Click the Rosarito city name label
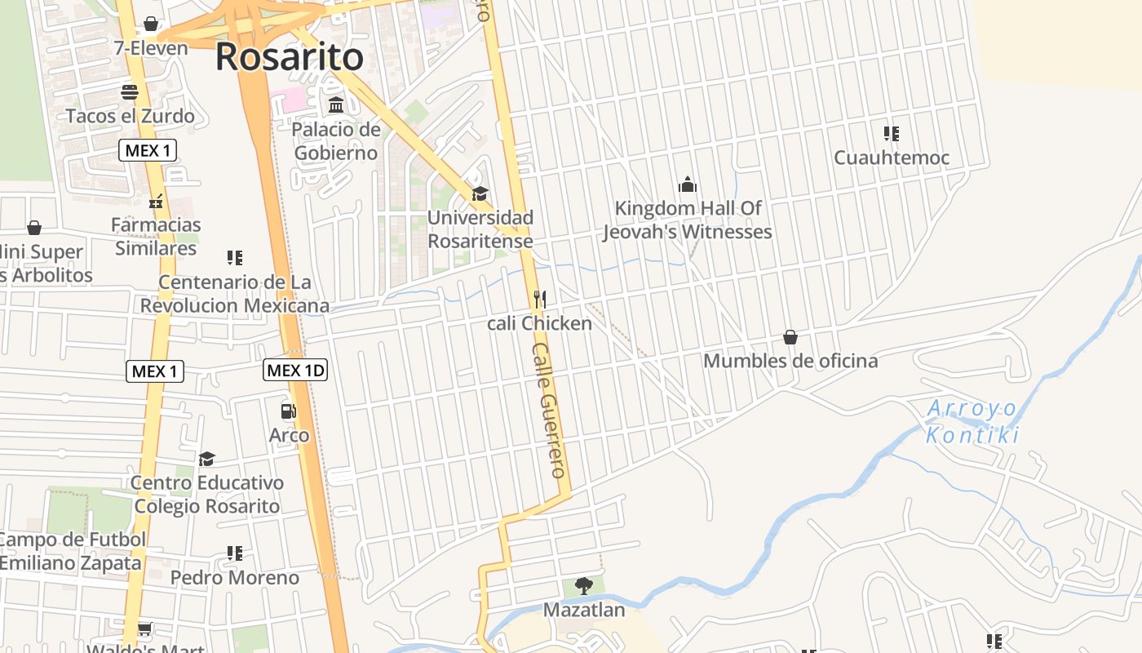click(289, 57)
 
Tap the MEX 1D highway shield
click(295, 371)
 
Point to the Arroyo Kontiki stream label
click(973, 421)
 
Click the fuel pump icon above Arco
click(288, 412)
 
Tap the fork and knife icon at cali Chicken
click(539, 300)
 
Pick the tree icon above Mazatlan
click(583, 585)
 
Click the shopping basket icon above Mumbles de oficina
click(790, 337)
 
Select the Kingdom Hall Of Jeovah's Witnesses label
click(687, 220)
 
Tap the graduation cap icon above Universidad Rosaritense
click(480, 194)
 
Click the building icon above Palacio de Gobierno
click(336, 105)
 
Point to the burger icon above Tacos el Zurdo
click(130, 92)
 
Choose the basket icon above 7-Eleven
click(151, 24)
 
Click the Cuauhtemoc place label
click(892, 158)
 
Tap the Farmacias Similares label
click(156, 236)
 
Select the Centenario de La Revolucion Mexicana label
click(235, 294)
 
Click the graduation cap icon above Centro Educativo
click(206, 460)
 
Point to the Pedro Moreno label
click(235, 578)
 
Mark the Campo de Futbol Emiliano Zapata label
click(72, 552)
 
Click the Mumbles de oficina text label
click(790, 361)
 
